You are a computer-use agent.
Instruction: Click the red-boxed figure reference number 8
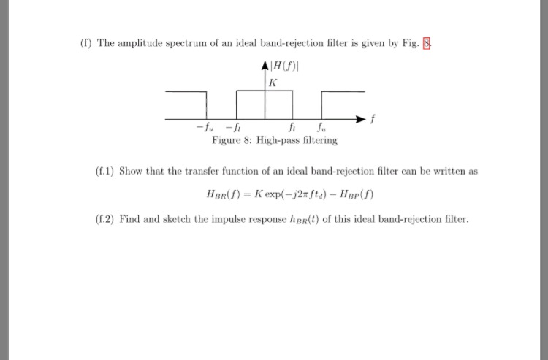428,43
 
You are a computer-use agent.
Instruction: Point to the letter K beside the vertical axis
273,83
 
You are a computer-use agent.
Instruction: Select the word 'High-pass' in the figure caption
278,139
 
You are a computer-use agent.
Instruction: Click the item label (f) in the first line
86,43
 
